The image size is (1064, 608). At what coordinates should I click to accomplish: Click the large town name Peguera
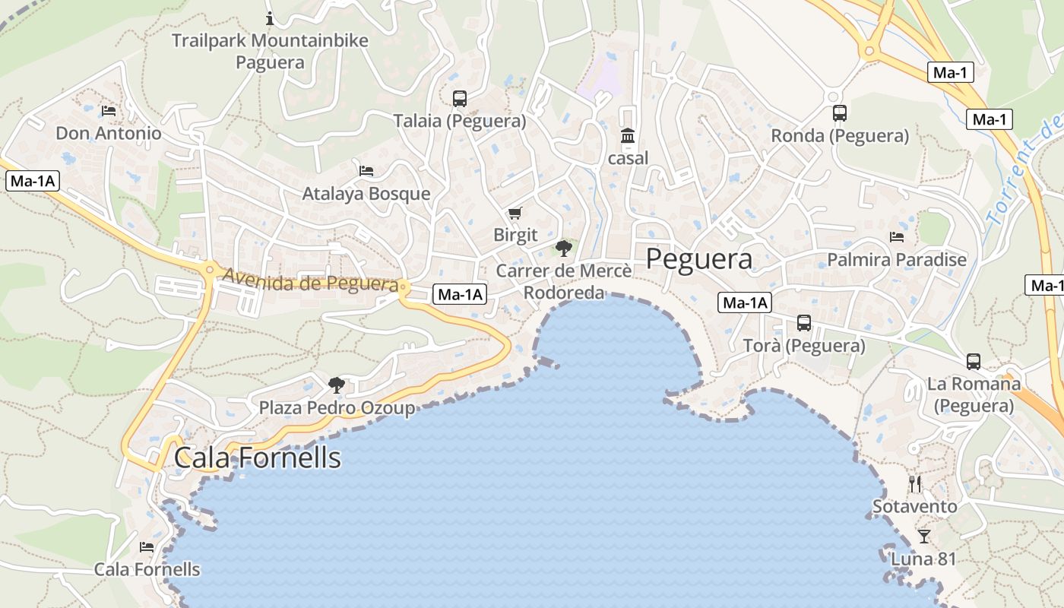pos(699,259)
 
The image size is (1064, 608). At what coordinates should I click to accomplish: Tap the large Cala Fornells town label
pos(258,458)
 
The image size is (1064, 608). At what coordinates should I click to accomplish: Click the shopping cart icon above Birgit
pos(515,213)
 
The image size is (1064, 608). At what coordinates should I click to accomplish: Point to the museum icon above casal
pos(628,136)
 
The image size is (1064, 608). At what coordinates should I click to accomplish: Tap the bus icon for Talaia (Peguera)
pos(459,98)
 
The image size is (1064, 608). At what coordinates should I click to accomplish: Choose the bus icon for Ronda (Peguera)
pos(840,113)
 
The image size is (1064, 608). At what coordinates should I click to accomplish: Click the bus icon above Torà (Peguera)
pos(804,323)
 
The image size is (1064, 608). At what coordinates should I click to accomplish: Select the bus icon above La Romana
pos(974,361)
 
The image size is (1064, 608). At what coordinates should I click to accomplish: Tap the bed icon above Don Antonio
pos(109,111)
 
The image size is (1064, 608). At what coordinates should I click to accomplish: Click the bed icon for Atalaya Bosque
pos(366,171)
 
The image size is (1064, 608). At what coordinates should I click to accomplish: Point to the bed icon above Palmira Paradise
pos(897,237)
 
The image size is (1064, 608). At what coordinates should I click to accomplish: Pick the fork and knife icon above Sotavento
pos(915,483)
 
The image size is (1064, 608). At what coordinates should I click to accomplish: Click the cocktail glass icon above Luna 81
pos(923,537)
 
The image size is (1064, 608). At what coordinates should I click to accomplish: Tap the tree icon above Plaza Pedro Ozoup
pos(337,385)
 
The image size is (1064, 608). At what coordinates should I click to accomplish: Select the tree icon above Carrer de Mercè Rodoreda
pos(563,248)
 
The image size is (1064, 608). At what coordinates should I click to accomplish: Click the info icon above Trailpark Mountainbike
pos(270,18)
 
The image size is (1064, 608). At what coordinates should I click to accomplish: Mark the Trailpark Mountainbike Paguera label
pos(270,51)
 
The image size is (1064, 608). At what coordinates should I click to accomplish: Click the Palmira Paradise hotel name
pos(897,260)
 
